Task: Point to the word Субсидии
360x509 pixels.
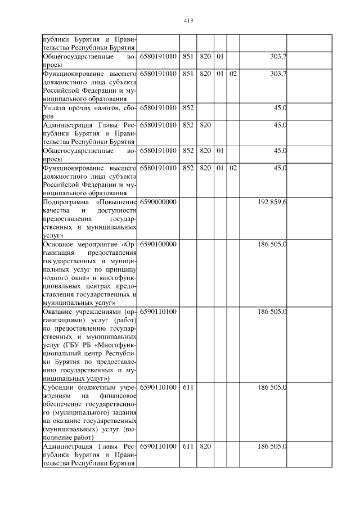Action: [x=57, y=388]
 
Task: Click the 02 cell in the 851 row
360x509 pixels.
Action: [x=233, y=74]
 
